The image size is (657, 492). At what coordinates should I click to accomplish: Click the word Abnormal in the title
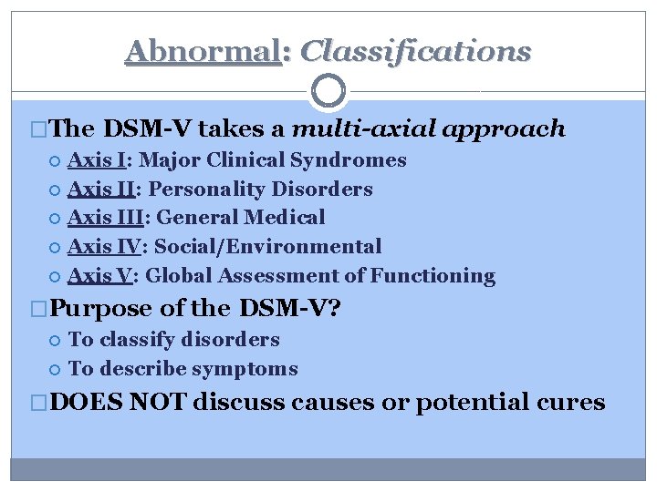pos(202,51)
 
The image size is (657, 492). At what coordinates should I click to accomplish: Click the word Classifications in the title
pos(415,51)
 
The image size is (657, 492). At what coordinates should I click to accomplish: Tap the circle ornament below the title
pos(328,91)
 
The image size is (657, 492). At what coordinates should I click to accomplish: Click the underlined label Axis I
pos(97,160)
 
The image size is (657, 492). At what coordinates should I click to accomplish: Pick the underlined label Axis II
pos(100,190)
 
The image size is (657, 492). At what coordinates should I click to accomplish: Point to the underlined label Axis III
pos(104,218)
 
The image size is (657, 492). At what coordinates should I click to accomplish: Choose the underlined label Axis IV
pos(103,247)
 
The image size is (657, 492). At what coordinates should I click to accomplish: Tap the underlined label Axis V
pos(99,276)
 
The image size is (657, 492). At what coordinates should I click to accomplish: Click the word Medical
pos(286,218)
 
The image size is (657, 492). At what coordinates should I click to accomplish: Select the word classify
pos(141,340)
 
